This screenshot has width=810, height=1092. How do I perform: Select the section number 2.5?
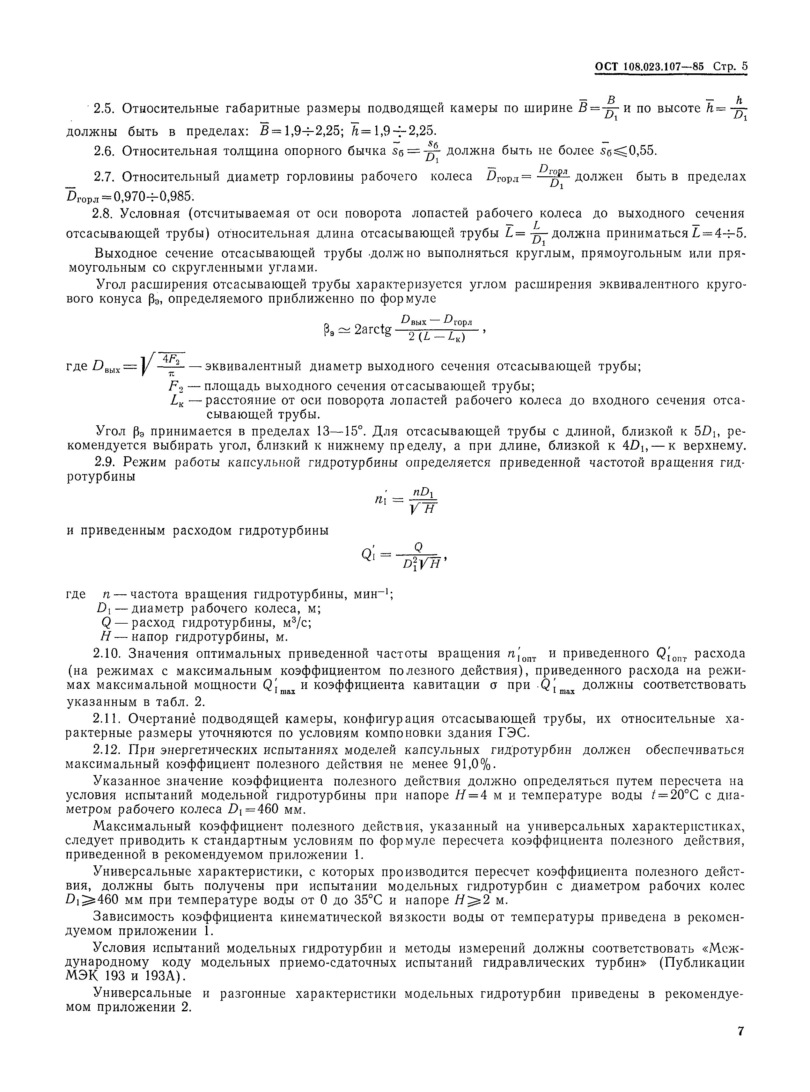(103, 108)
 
